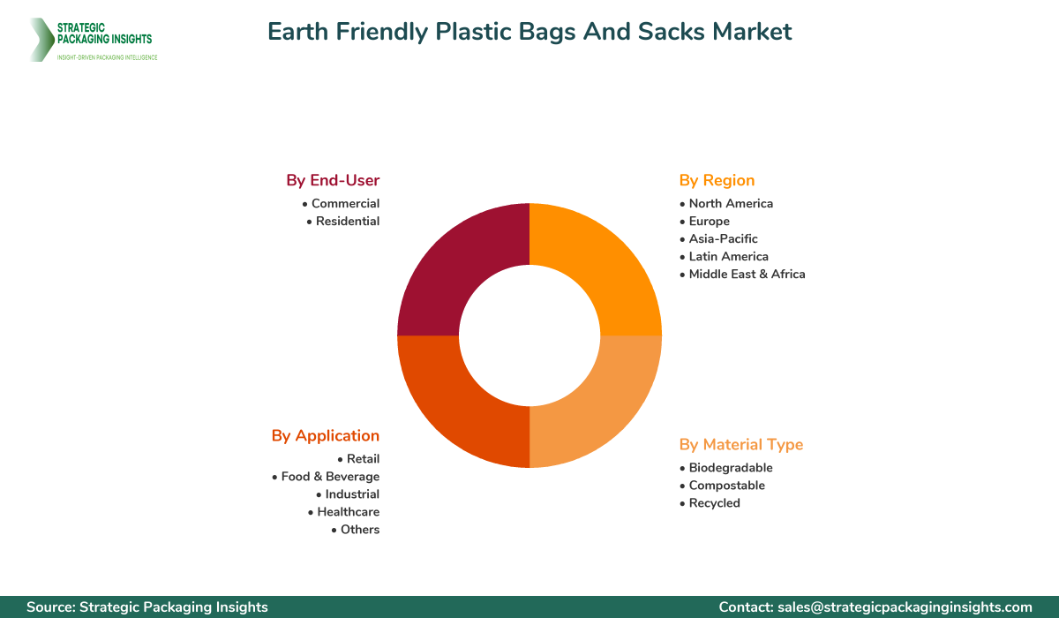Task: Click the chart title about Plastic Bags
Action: [529, 32]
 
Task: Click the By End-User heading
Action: [333, 180]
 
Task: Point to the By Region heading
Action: [717, 180]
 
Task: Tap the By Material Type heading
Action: [741, 444]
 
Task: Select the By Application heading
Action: [326, 435]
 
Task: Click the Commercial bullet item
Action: [345, 203]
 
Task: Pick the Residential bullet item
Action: [348, 221]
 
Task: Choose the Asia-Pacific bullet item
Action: [723, 238]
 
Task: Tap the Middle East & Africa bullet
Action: [747, 274]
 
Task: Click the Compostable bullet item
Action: [726, 486]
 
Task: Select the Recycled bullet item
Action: [714, 503]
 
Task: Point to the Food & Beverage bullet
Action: [330, 477]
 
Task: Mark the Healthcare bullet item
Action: [348, 512]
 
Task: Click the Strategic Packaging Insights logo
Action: [93, 39]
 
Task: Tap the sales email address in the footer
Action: [905, 607]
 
